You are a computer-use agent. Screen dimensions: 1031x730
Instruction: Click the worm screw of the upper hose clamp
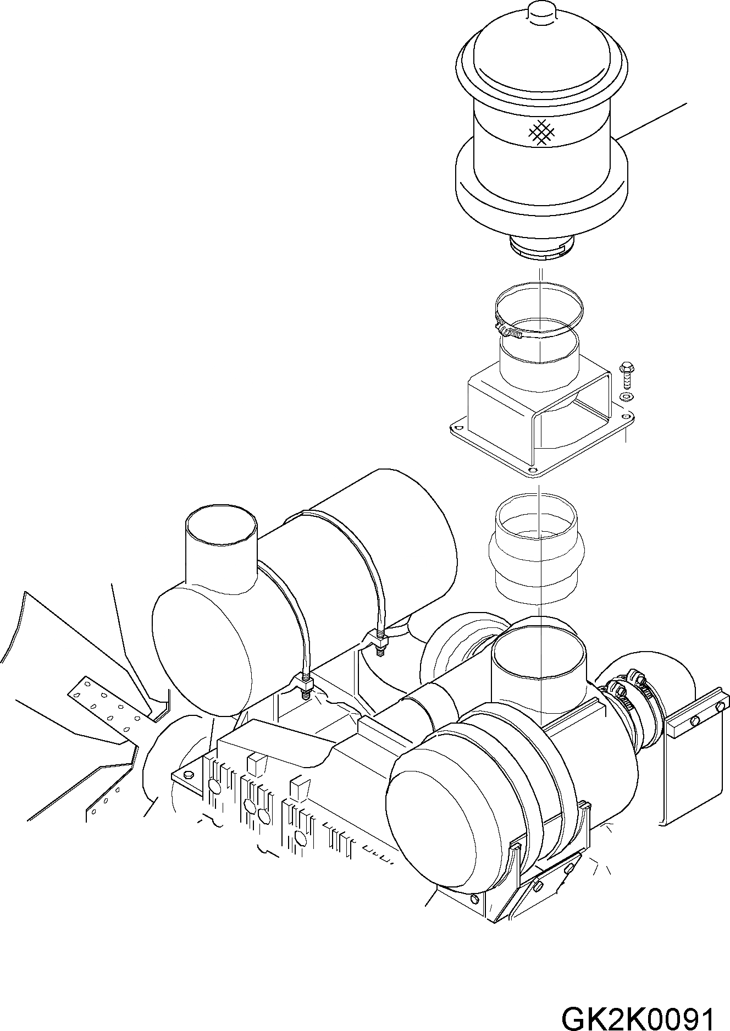pyautogui.click(x=509, y=332)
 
